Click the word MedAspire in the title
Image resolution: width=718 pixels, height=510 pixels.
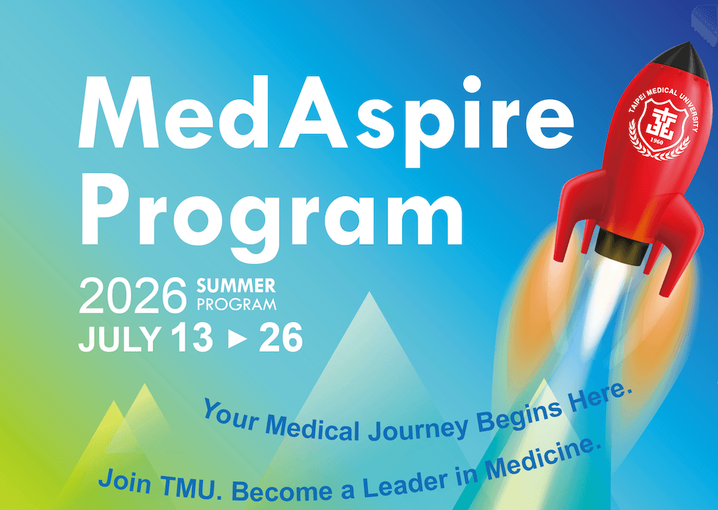tap(326, 120)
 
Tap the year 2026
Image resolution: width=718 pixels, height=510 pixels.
tap(133, 296)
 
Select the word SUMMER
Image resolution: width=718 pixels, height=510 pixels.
tap(236, 286)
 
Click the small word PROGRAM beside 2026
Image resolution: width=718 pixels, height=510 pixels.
tap(236, 304)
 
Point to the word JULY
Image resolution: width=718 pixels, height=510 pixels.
tap(119, 339)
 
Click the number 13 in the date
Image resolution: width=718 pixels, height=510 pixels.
tap(192, 338)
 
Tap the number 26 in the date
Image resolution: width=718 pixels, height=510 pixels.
tap(281, 337)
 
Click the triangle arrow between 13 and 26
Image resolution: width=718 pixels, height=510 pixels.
tap(237, 339)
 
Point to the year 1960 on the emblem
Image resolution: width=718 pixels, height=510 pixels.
tap(656, 141)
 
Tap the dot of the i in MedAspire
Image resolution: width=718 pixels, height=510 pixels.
tap(472, 84)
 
